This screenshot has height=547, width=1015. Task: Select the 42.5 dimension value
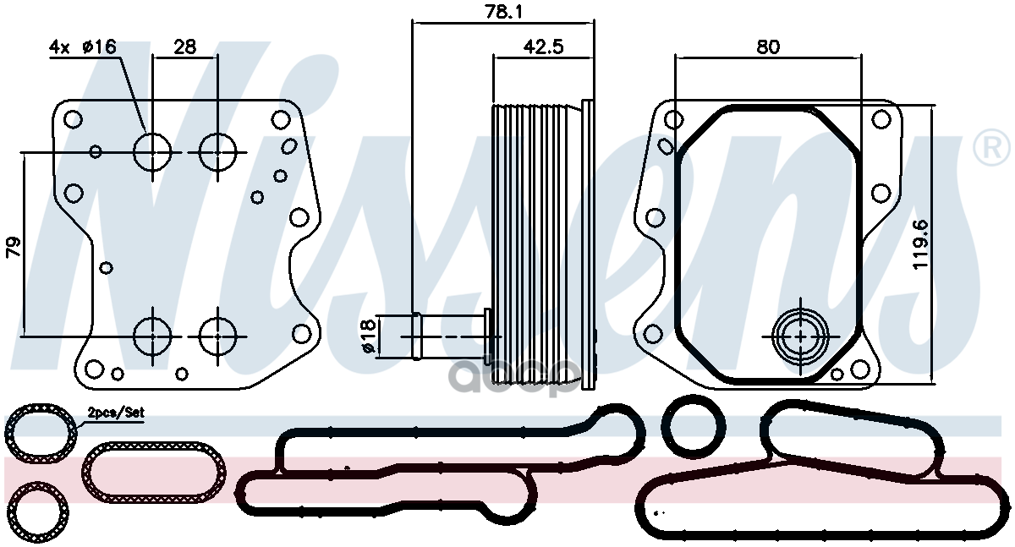[x=542, y=47]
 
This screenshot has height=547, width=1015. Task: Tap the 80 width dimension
[x=767, y=47]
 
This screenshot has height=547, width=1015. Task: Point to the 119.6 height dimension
[x=921, y=244]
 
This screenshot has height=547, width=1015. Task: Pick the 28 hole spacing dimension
[x=184, y=47]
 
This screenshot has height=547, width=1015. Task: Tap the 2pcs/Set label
[x=116, y=413]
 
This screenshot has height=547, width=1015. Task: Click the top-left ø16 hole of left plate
[x=153, y=152]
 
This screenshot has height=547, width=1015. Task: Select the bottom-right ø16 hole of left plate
[x=218, y=336]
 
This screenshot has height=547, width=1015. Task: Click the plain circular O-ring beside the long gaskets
[x=694, y=427]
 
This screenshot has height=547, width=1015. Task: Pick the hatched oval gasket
[x=156, y=471]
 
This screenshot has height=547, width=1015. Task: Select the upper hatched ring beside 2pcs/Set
[x=40, y=435]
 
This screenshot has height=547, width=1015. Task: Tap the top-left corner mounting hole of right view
[x=673, y=119]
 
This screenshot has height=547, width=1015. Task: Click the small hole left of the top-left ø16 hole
[x=96, y=152]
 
